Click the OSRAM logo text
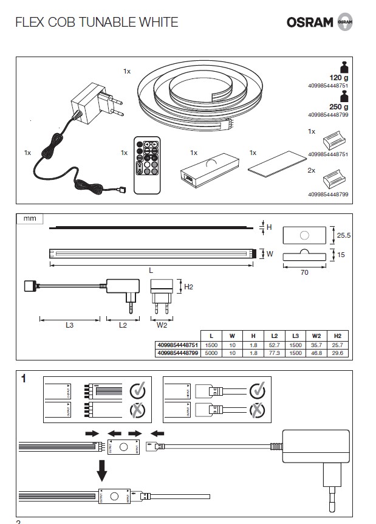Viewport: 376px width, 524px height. (x=310, y=22)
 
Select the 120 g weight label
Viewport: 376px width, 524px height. (x=337, y=78)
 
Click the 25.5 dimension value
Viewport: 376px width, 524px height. (x=344, y=233)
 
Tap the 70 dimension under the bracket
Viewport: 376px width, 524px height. (x=304, y=273)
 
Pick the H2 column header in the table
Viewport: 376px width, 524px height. (x=337, y=336)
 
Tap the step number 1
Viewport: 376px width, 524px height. (x=23, y=379)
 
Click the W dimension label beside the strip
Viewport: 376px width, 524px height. (x=270, y=254)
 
